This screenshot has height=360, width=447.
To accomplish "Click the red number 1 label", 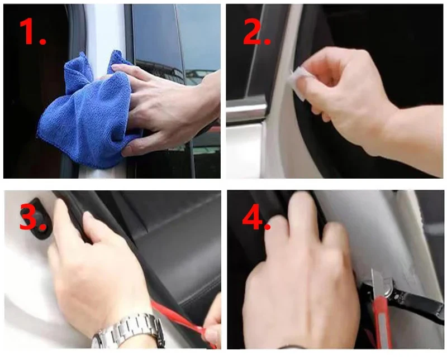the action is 32,31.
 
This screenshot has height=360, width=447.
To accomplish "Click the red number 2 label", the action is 256,32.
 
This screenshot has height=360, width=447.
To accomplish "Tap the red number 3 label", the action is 32,218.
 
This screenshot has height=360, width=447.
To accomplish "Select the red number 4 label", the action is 256,217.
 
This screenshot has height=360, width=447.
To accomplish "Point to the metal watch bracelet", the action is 129,330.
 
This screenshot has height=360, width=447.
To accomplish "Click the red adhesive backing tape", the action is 183,322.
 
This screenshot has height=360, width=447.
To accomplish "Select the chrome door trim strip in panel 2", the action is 246,109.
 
